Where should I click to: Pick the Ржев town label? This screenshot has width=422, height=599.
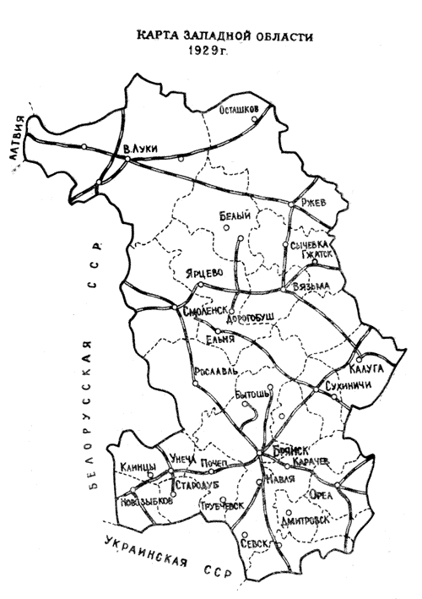point(313,200)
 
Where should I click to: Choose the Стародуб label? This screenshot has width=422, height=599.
point(197,485)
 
